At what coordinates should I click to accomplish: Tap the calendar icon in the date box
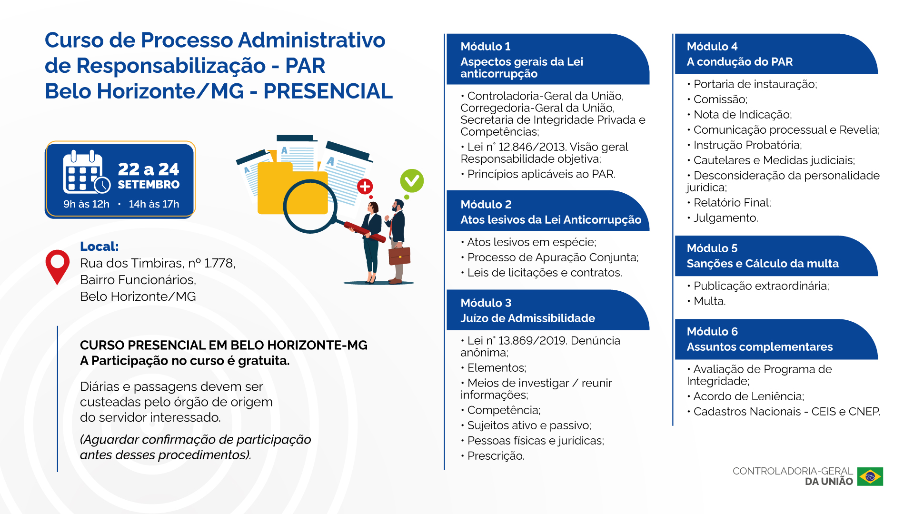pos(87,172)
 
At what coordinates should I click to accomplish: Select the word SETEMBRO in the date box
pos(149,185)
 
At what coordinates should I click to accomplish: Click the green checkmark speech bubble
pos(412,182)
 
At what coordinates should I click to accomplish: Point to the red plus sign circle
pos(365,187)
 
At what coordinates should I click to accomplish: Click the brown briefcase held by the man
pos(399,256)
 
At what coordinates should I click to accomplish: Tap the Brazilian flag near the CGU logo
pos(870,476)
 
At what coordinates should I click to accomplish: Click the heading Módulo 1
pos(486,47)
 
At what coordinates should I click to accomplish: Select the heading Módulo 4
pos(712,47)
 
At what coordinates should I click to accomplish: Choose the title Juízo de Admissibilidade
pos(527,318)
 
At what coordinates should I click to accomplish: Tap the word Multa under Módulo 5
pos(709,301)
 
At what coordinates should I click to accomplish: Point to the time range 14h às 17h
pos(154,204)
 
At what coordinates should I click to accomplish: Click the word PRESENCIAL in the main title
pos(328,91)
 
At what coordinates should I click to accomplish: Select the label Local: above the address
pos(99,247)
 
